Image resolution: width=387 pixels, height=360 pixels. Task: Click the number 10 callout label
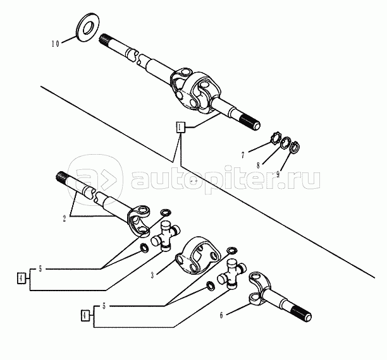coord(55,44)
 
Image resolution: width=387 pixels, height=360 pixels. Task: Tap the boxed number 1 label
coord(180,127)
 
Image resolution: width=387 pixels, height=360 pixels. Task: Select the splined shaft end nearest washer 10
coord(111,40)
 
